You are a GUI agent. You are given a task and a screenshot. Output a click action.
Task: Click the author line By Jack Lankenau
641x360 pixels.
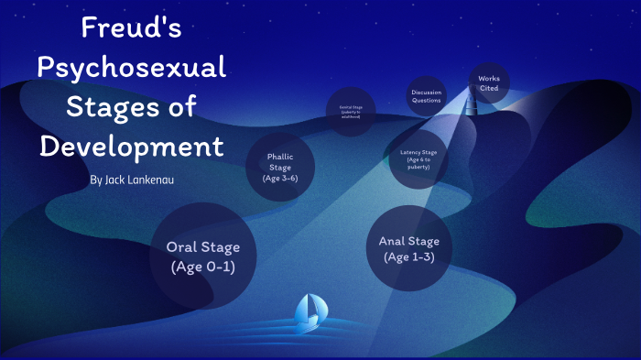pyautogui.click(x=133, y=180)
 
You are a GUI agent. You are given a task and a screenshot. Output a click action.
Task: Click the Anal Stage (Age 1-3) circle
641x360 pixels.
pyautogui.click(x=408, y=248)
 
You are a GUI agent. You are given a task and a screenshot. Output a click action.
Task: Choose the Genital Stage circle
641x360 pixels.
pyautogui.click(x=352, y=111)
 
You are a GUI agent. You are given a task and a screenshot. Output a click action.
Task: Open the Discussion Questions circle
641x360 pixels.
pyautogui.click(x=427, y=96)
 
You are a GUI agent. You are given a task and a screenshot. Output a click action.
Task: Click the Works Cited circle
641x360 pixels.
pyautogui.click(x=489, y=83)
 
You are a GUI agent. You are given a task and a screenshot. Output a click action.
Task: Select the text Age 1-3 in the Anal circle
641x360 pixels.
pyautogui.click(x=408, y=256)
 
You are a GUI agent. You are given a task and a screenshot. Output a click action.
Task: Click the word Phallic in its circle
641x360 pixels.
pyautogui.click(x=279, y=157)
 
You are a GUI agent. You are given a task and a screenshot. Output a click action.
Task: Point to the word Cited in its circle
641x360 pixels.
pyautogui.click(x=489, y=88)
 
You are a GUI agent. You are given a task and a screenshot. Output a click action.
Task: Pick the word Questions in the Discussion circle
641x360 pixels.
pyautogui.click(x=427, y=100)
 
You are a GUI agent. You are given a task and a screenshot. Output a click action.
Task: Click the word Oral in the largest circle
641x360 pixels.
pyautogui.click(x=181, y=246)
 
